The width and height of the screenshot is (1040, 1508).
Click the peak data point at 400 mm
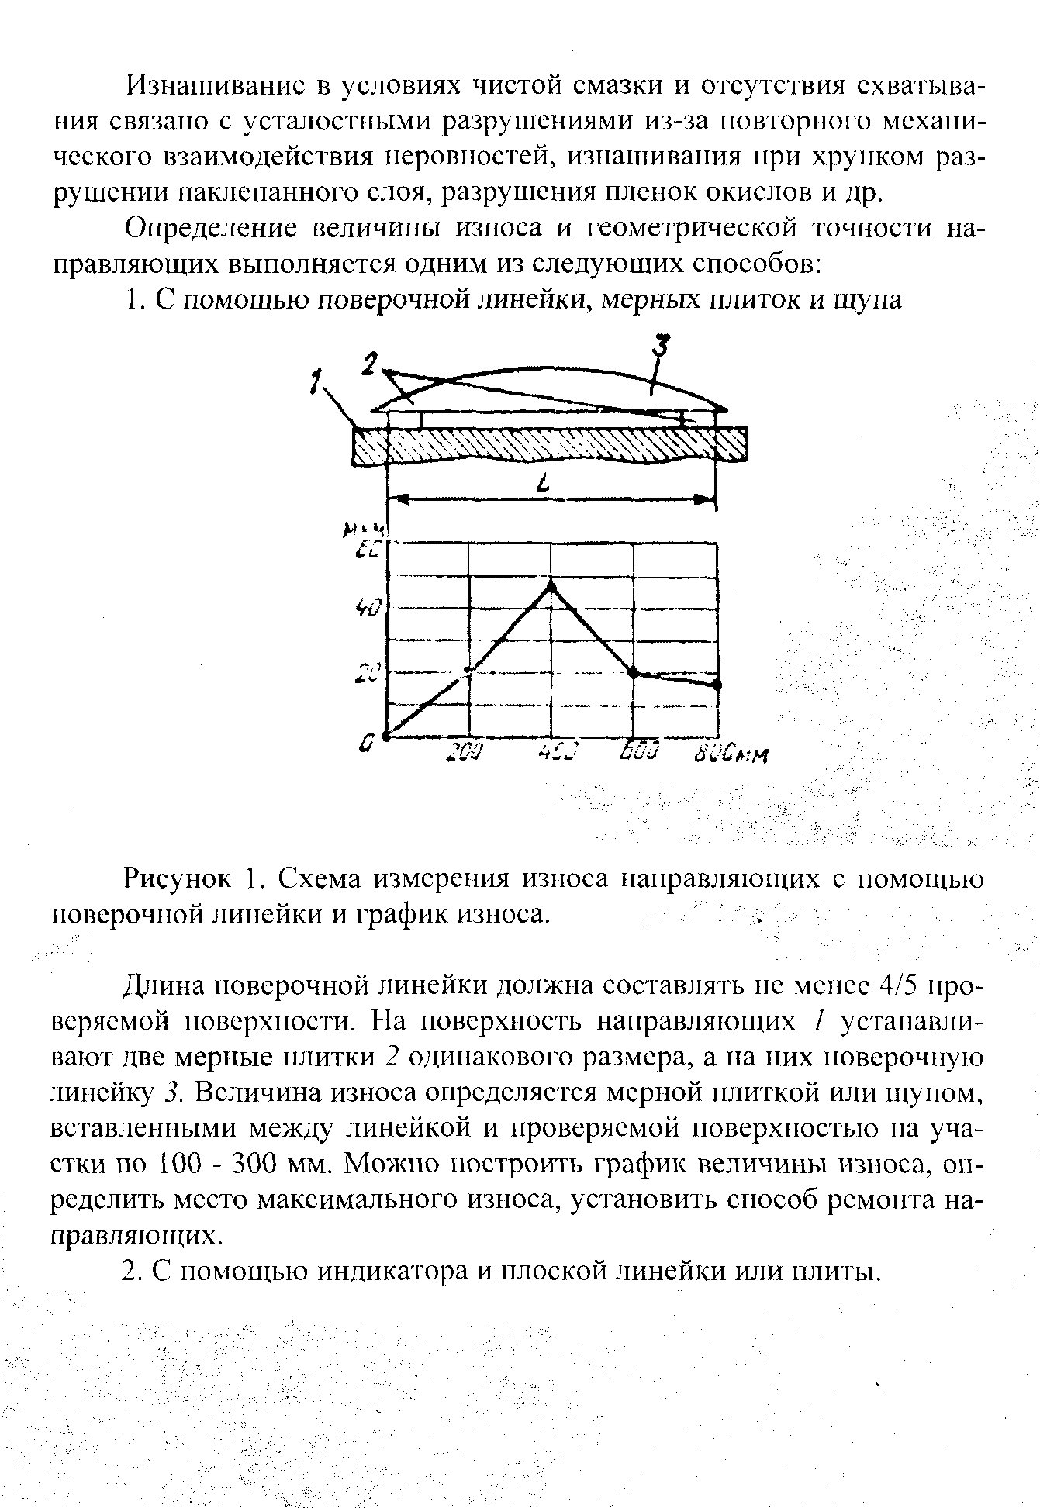pyautogui.click(x=551, y=585)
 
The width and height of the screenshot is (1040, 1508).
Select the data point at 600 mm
pyautogui.click(x=633, y=671)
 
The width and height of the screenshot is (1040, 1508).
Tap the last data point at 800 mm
pyautogui.click(x=717, y=685)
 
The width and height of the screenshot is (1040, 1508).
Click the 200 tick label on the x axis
pyautogui.click(x=466, y=752)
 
